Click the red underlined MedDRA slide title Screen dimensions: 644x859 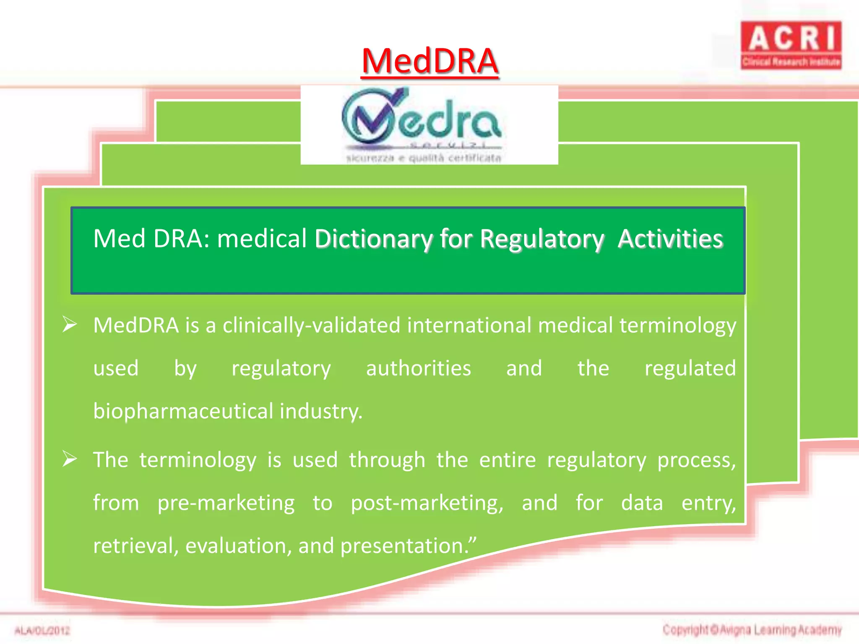pos(429,61)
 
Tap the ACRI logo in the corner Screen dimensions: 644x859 pos(791,45)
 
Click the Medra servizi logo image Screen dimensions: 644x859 pos(429,125)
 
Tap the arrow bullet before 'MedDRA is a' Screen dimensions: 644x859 pos(70,325)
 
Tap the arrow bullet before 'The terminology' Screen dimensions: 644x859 pos(70,459)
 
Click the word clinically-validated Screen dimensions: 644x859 pos(311,326)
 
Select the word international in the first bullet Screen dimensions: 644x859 pos(469,326)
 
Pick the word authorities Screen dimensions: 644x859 pos(419,369)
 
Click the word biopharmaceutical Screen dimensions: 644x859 pos(183,411)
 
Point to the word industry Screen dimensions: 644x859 pos(320,411)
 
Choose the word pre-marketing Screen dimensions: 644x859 pos(226,503)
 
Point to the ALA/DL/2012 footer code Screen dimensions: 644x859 pos(42,630)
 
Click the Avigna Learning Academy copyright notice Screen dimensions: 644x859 pos(752,630)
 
